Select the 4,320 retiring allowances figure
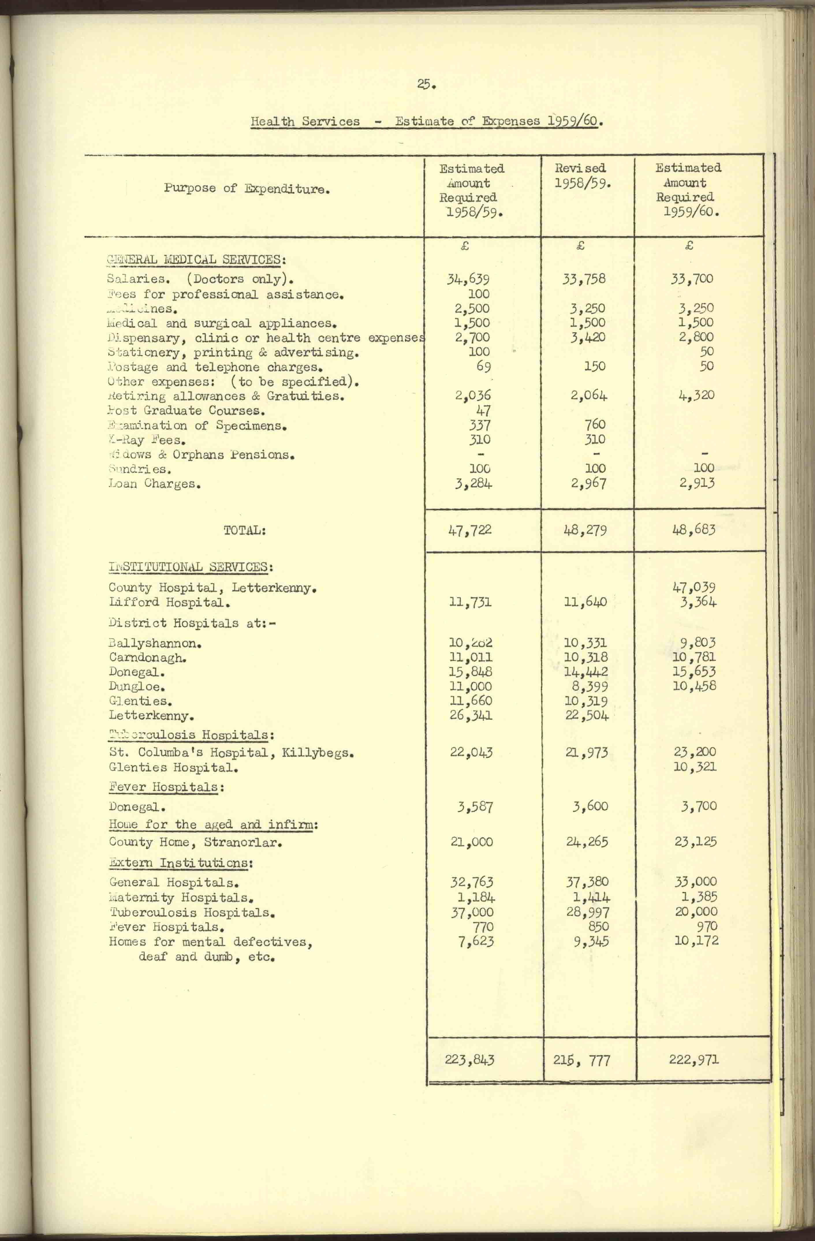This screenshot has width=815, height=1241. coord(696,395)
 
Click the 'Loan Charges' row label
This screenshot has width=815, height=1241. coord(154,484)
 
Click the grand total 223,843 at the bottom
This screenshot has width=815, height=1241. coord(469,1059)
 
